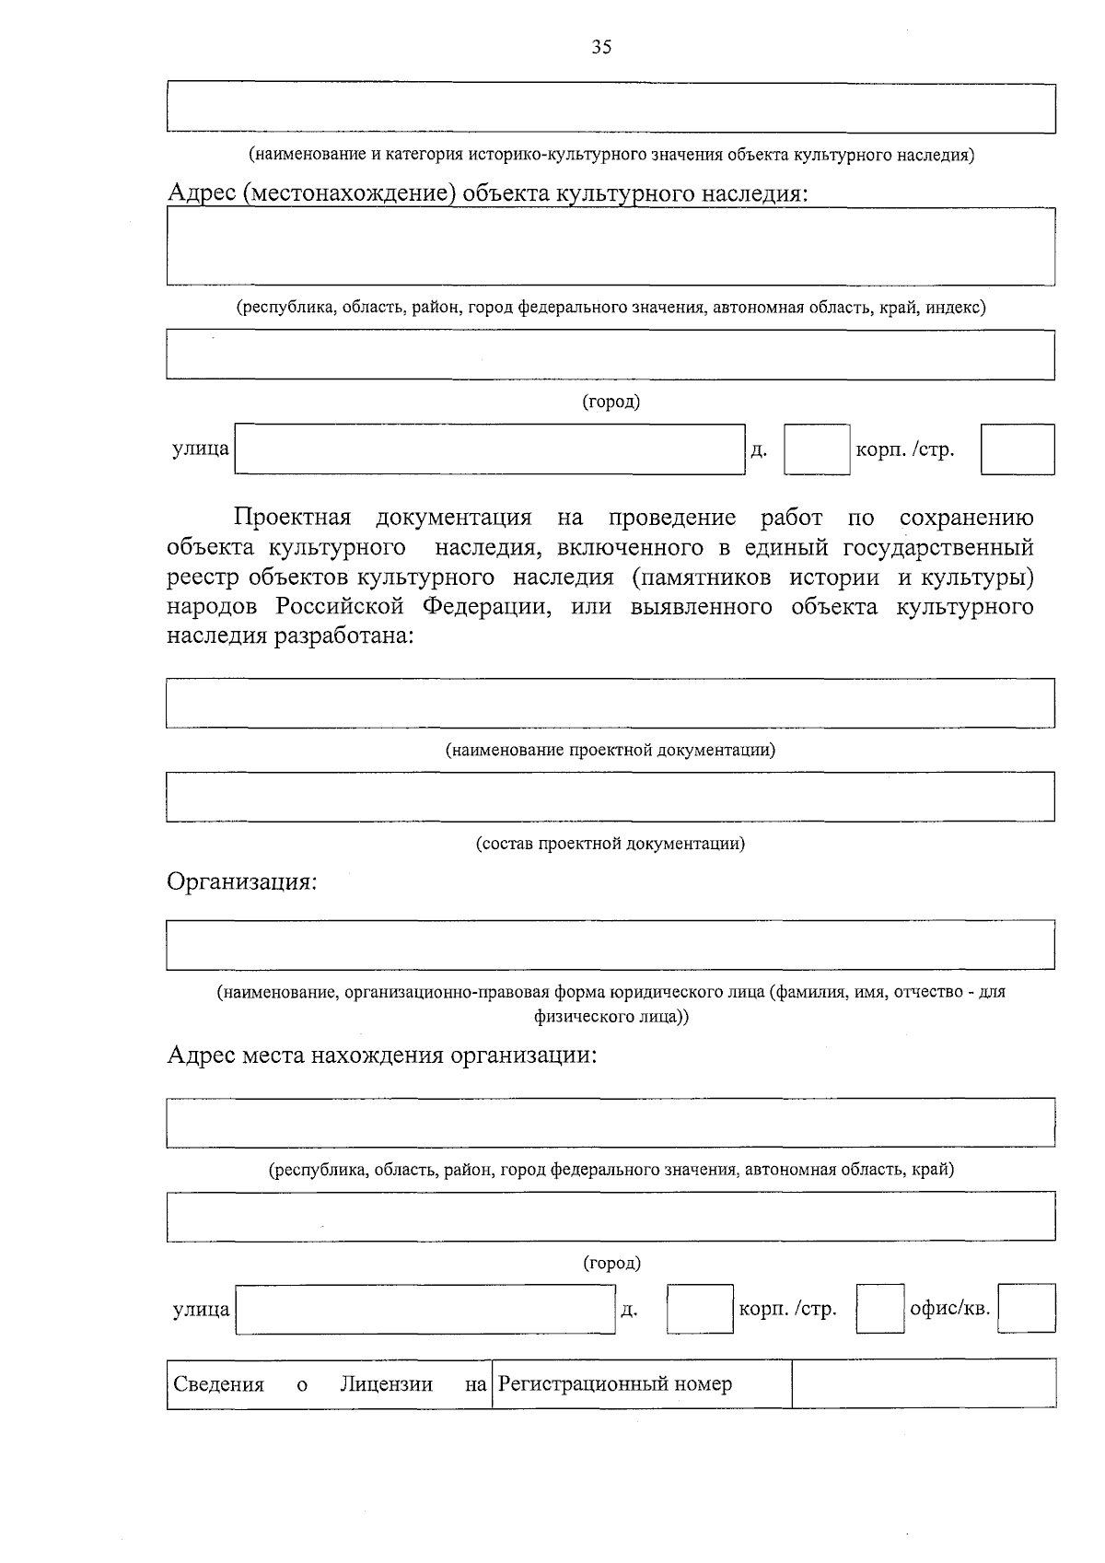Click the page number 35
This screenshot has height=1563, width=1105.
[x=601, y=48]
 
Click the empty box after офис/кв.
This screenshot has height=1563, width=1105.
[x=1027, y=1308]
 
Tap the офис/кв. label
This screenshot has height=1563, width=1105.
[x=949, y=1308]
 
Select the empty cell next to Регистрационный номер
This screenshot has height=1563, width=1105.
[x=924, y=1383]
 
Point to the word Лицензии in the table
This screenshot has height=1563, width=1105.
[x=386, y=1384]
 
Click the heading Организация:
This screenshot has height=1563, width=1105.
[x=241, y=881]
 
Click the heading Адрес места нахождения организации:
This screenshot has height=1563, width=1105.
[x=382, y=1055]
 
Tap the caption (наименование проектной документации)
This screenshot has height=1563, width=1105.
[x=611, y=750]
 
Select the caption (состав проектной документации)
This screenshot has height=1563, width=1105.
[x=611, y=844]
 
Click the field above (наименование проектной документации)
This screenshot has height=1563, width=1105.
[x=611, y=703]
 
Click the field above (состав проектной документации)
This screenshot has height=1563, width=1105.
[x=611, y=797]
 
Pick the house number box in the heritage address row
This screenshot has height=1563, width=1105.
[x=817, y=449]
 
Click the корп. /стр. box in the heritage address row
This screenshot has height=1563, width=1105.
[x=1018, y=449]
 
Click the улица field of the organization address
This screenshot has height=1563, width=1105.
[x=425, y=1309]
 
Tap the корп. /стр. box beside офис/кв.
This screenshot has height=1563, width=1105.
[x=879, y=1309]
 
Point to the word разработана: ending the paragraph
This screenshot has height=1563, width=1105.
[x=342, y=636]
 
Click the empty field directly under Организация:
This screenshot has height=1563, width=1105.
[x=611, y=945]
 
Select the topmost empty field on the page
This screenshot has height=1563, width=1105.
[x=611, y=108]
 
